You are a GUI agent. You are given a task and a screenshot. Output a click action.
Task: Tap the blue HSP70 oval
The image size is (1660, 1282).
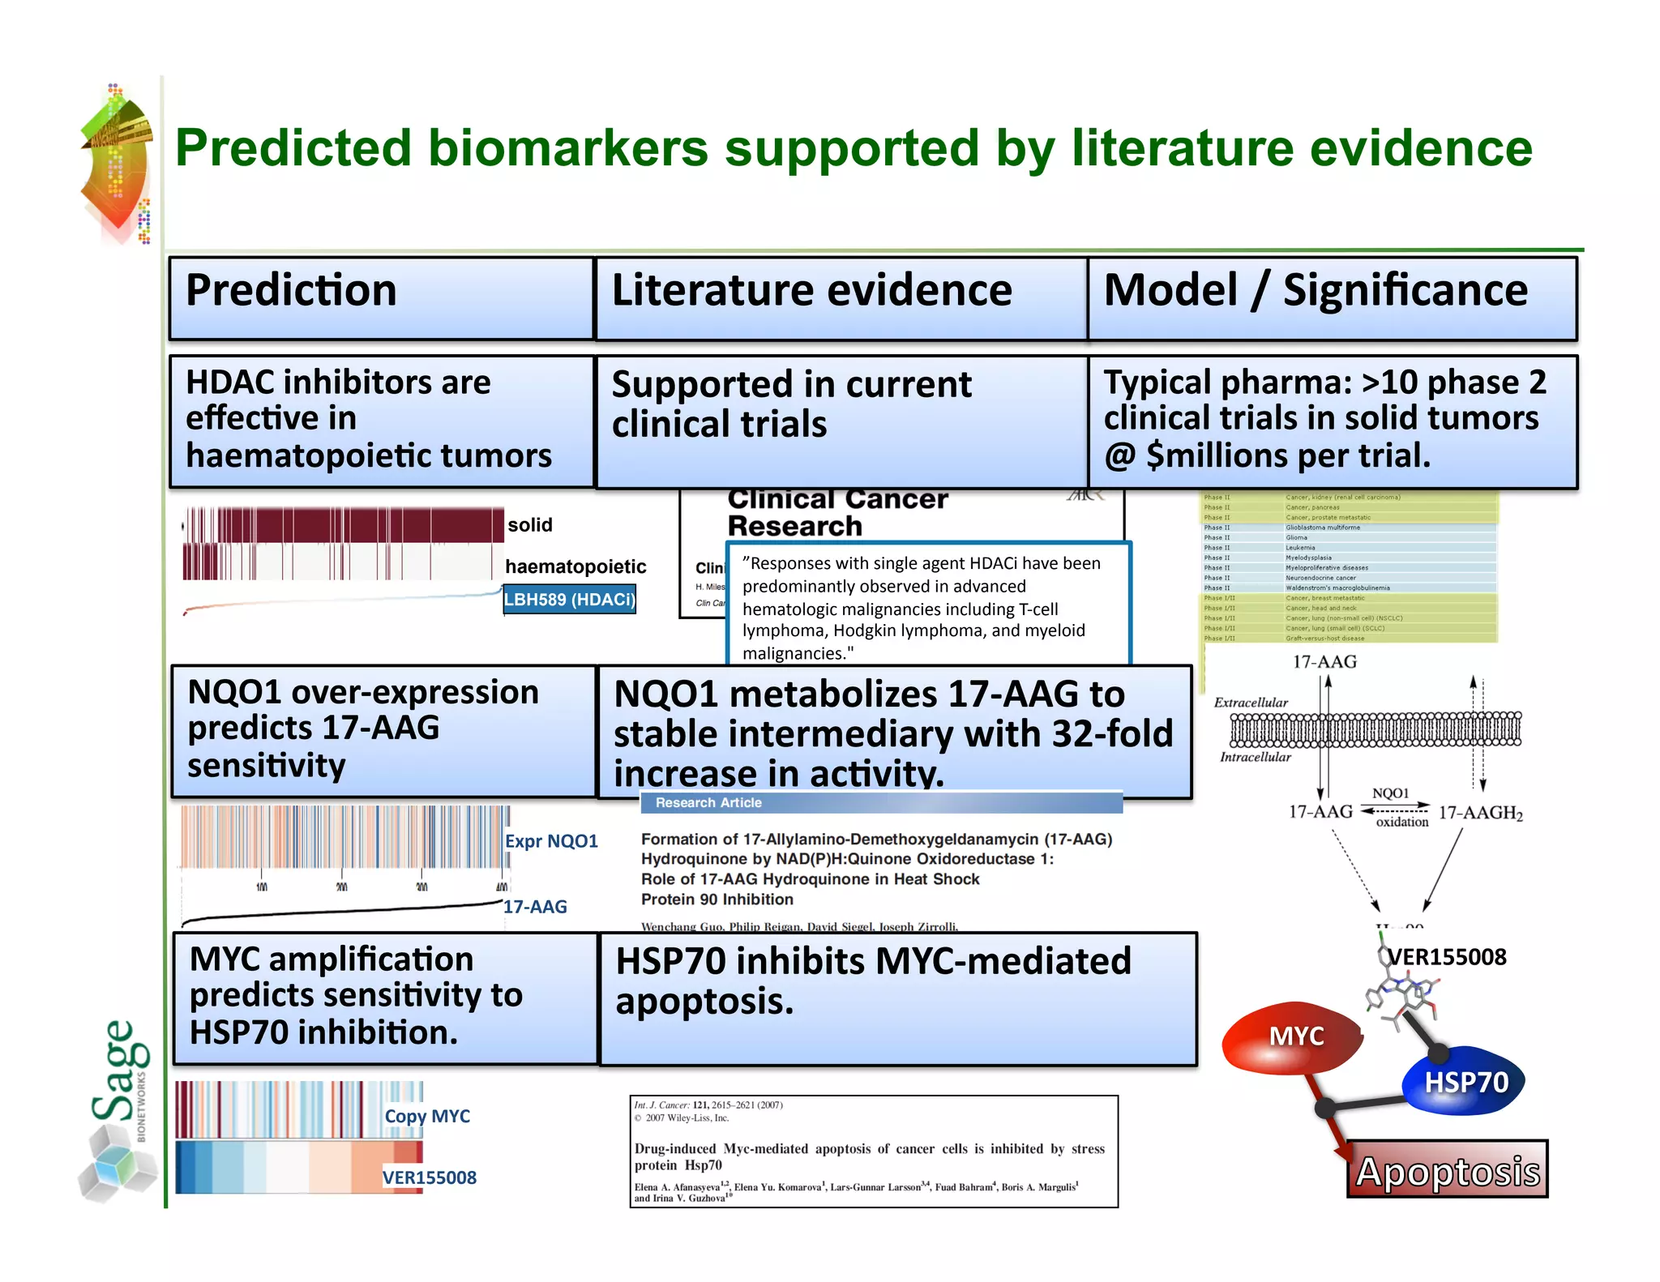[1465, 1083]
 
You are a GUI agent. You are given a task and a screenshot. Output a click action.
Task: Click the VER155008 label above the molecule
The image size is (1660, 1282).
[1447, 957]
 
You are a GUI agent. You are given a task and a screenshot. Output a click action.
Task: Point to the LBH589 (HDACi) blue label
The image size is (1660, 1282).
[569, 600]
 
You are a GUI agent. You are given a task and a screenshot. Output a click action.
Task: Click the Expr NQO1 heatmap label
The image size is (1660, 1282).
[551, 841]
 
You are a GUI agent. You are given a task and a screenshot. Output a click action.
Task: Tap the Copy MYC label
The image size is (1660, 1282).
[427, 1116]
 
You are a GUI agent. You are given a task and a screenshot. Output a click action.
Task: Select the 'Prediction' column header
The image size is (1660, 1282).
[292, 290]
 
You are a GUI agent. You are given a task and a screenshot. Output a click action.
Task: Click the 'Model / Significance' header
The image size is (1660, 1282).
[1315, 290]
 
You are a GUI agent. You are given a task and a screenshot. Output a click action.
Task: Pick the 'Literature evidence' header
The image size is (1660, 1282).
[811, 290]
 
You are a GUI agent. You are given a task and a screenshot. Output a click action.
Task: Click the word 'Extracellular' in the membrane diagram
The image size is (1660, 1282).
[1250, 703]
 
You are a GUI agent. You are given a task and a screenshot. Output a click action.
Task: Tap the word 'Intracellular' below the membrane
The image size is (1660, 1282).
[1255, 757]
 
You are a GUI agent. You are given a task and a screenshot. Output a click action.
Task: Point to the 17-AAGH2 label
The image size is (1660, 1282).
[1480, 813]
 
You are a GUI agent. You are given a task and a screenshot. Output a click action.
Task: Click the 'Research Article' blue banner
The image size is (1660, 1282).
[708, 803]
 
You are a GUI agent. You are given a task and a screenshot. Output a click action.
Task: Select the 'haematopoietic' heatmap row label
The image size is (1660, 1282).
[575, 566]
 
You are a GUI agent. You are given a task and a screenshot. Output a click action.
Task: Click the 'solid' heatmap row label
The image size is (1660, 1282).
[530, 525]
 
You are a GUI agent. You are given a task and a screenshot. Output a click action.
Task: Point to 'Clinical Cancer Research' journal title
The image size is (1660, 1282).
[836, 512]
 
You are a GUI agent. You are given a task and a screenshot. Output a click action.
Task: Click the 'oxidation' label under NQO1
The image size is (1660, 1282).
[1401, 822]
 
